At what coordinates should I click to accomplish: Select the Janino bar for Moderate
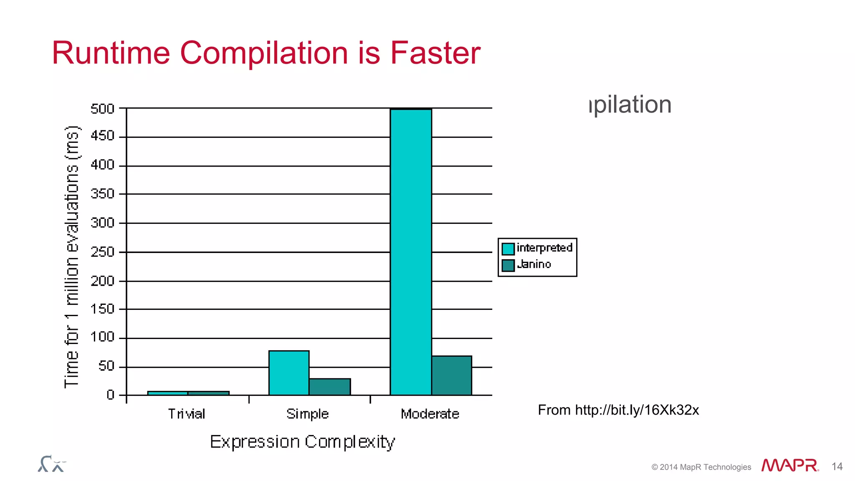[452, 375]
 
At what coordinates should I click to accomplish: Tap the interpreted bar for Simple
[289, 373]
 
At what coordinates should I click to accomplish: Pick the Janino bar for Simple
[330, 387]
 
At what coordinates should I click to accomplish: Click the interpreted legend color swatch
[508, 249]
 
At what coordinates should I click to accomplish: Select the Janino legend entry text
[534, 264]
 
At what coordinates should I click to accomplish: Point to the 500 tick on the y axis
[103, 109]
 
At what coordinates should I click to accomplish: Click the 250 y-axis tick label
[103, 252]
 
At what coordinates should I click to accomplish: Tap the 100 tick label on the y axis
[103, 337]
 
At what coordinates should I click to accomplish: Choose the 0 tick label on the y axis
[110, 395]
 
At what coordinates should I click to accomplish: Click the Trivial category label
[187, 414]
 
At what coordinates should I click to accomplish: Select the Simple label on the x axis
[308, 414]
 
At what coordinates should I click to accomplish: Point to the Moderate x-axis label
[430, 414]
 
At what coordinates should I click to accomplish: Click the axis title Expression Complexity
[302, 442]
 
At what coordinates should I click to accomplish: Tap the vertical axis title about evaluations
[72, 257]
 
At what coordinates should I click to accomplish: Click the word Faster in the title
[435, 53]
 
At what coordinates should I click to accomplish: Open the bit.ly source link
[637, 410]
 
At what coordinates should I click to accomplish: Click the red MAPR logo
[789, 466]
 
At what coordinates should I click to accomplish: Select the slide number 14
[837, 466]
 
